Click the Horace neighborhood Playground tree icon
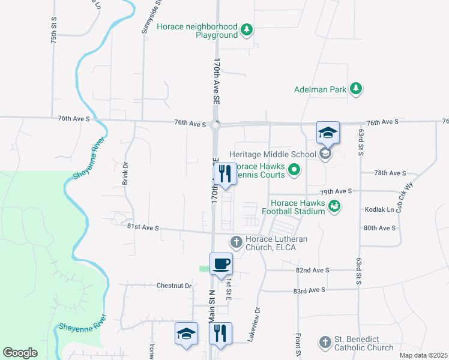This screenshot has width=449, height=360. (x=246, y=29)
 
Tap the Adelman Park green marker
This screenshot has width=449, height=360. (x=356, y=89)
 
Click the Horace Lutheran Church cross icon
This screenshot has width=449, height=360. (x=237, y=242)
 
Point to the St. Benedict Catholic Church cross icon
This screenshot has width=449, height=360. (x=325, y=342)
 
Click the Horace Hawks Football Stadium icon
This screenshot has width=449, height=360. (x=335, y=206)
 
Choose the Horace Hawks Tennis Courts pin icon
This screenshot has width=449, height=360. (x=294, y=170)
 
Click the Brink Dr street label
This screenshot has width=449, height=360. (x=125, y=173)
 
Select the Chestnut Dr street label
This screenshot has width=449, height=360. (x=174, y=286)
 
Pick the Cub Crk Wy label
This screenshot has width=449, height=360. (x=409, y=195)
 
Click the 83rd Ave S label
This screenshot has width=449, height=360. (x=309, y=290)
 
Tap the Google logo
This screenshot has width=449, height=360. (x=20, y=352)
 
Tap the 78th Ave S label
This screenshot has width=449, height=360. (x=390, y=173)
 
